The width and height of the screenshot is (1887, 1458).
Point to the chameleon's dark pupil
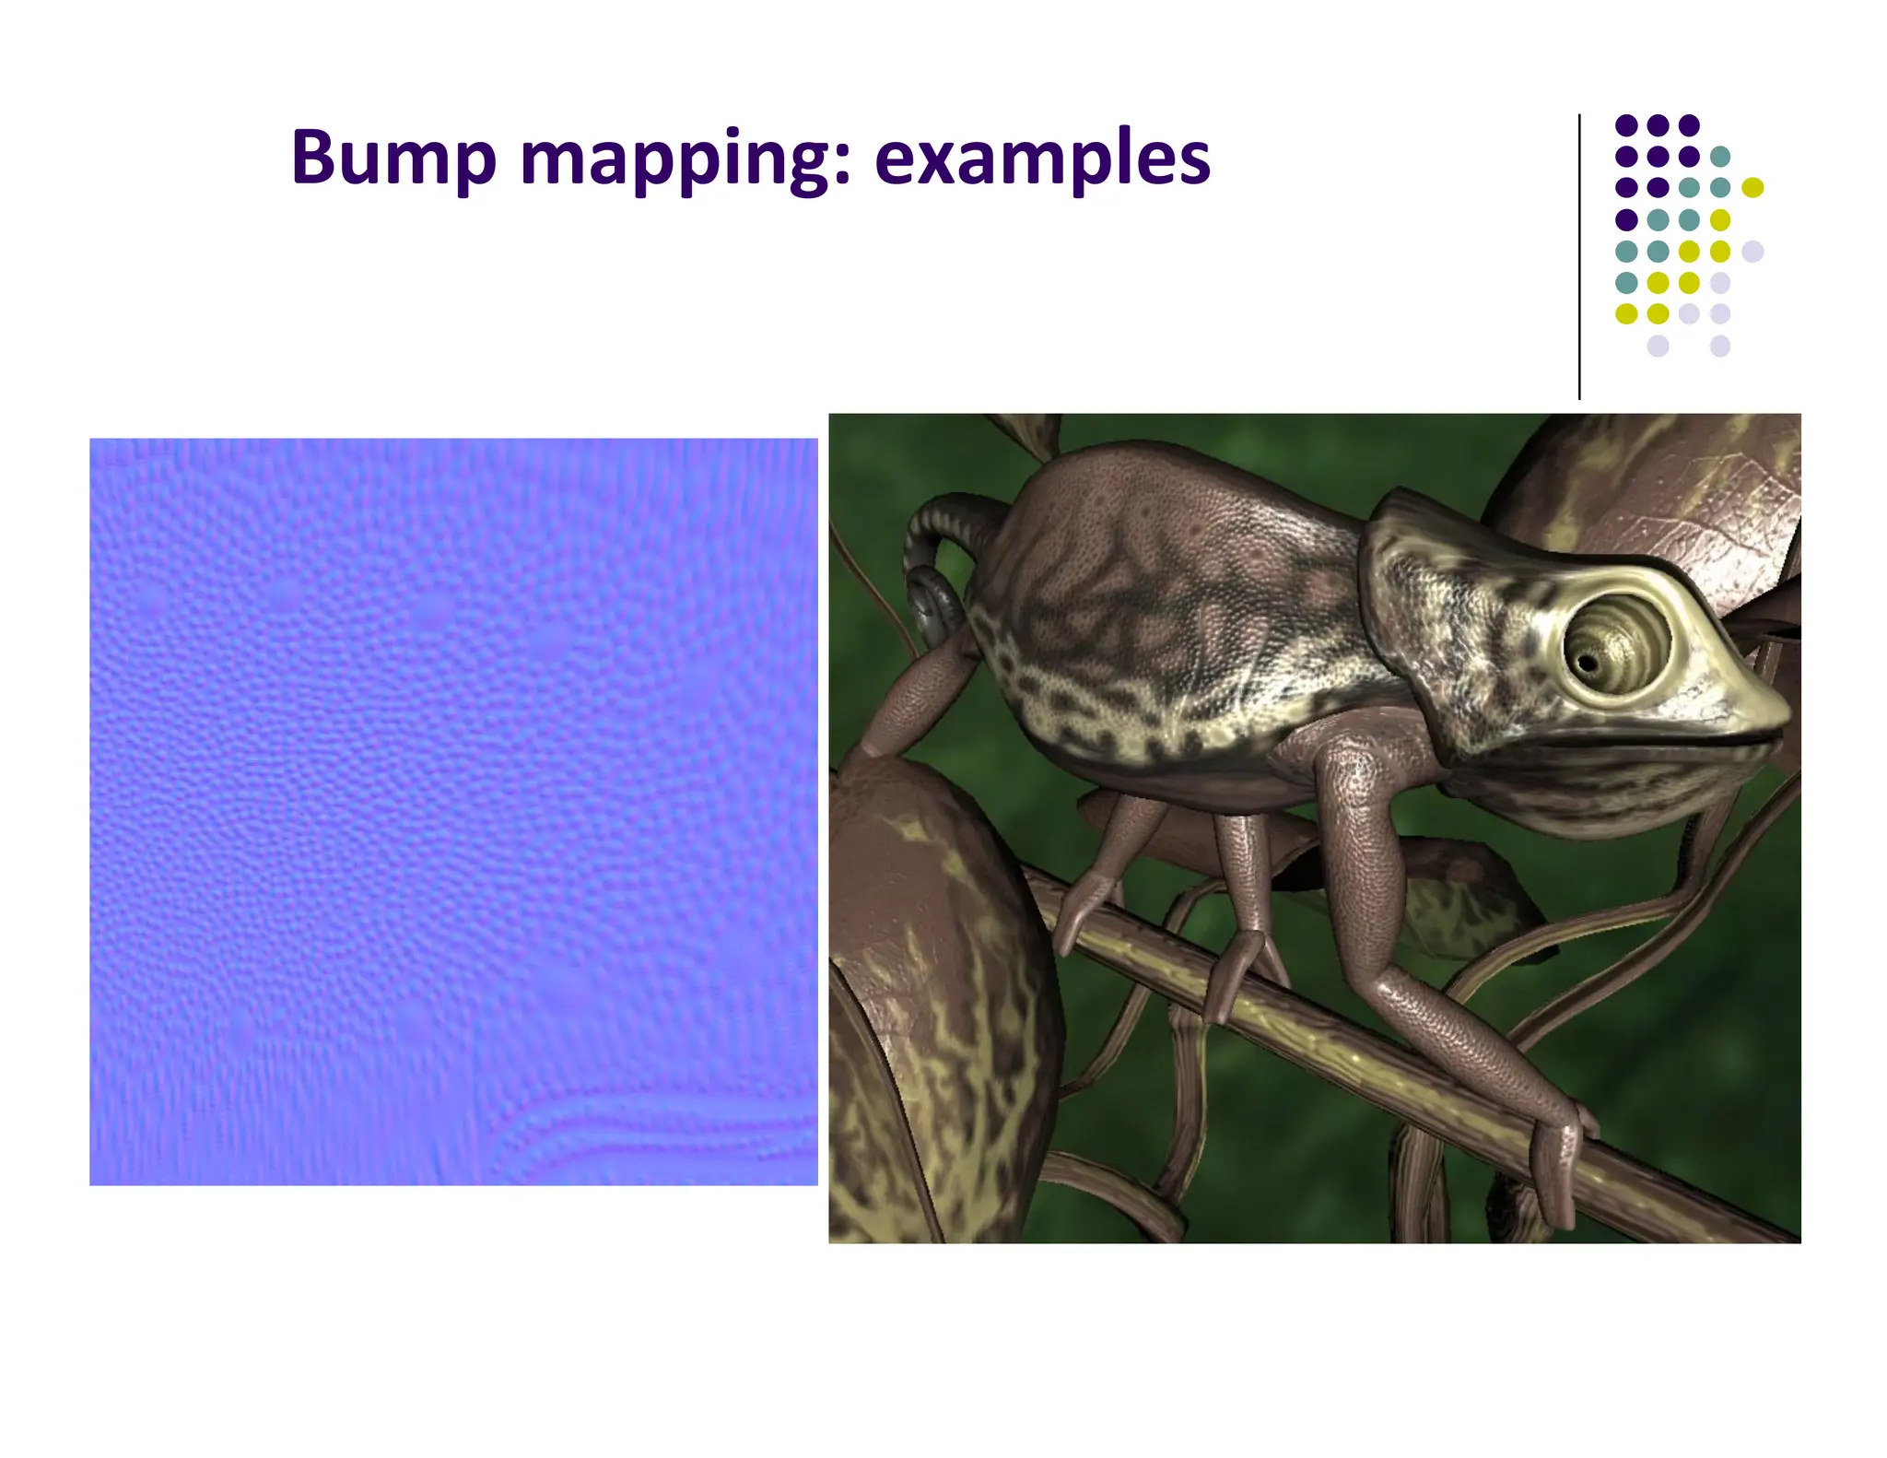[x=1587, y=663]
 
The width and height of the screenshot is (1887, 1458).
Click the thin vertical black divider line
[x=1579, y=258]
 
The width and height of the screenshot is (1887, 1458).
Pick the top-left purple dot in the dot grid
[x=1626, y=124]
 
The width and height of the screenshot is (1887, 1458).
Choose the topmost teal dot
[x=1719, y=156]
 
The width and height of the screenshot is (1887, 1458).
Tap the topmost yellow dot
[x=1752, y=187]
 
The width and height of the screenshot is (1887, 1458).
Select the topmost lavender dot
[x=1752, y=251]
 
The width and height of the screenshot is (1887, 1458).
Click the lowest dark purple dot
[x=1626, y=219]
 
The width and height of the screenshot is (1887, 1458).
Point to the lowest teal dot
[x=1626, y=282]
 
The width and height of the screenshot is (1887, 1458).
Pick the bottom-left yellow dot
[x=1626, y=313]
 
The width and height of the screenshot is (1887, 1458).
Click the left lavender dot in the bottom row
[x=1658, y=346]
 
